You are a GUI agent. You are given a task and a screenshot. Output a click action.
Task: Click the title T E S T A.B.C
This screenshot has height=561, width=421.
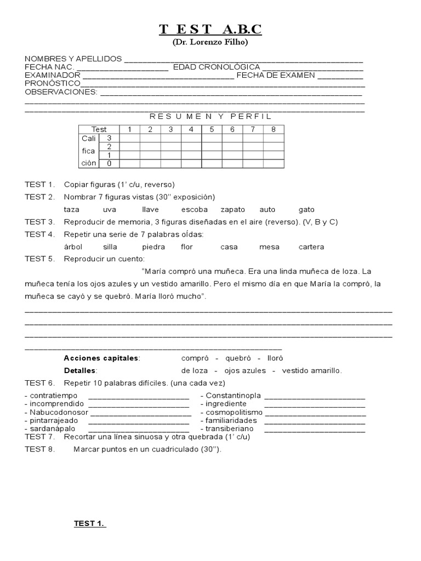point(210,30)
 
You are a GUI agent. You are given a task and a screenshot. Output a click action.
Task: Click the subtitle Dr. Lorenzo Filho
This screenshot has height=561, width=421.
point(210,42)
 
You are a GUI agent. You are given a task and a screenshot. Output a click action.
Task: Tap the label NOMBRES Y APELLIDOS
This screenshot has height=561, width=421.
point(73,59)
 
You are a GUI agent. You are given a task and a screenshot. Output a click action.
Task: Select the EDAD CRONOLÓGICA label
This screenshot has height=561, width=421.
point(217,67)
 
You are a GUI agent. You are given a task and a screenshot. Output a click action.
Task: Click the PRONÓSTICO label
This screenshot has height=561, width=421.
point(53,83)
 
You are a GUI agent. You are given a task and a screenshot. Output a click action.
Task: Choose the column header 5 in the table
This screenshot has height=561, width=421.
point(212,129)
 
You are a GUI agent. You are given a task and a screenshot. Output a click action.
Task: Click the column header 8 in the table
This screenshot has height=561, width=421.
point(274,129)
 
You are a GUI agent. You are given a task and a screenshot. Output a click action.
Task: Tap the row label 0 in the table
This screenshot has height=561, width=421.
point(109,163)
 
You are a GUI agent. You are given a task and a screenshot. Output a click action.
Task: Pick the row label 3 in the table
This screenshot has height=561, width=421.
point(109,138)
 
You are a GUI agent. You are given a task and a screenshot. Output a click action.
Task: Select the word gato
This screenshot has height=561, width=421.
point(306,210)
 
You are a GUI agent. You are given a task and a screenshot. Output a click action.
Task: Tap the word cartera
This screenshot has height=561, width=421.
point(311,247)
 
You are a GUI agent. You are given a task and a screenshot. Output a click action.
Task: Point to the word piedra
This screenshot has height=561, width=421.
point(153,247)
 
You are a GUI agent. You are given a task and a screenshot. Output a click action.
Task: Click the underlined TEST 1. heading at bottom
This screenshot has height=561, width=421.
point(89,524)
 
